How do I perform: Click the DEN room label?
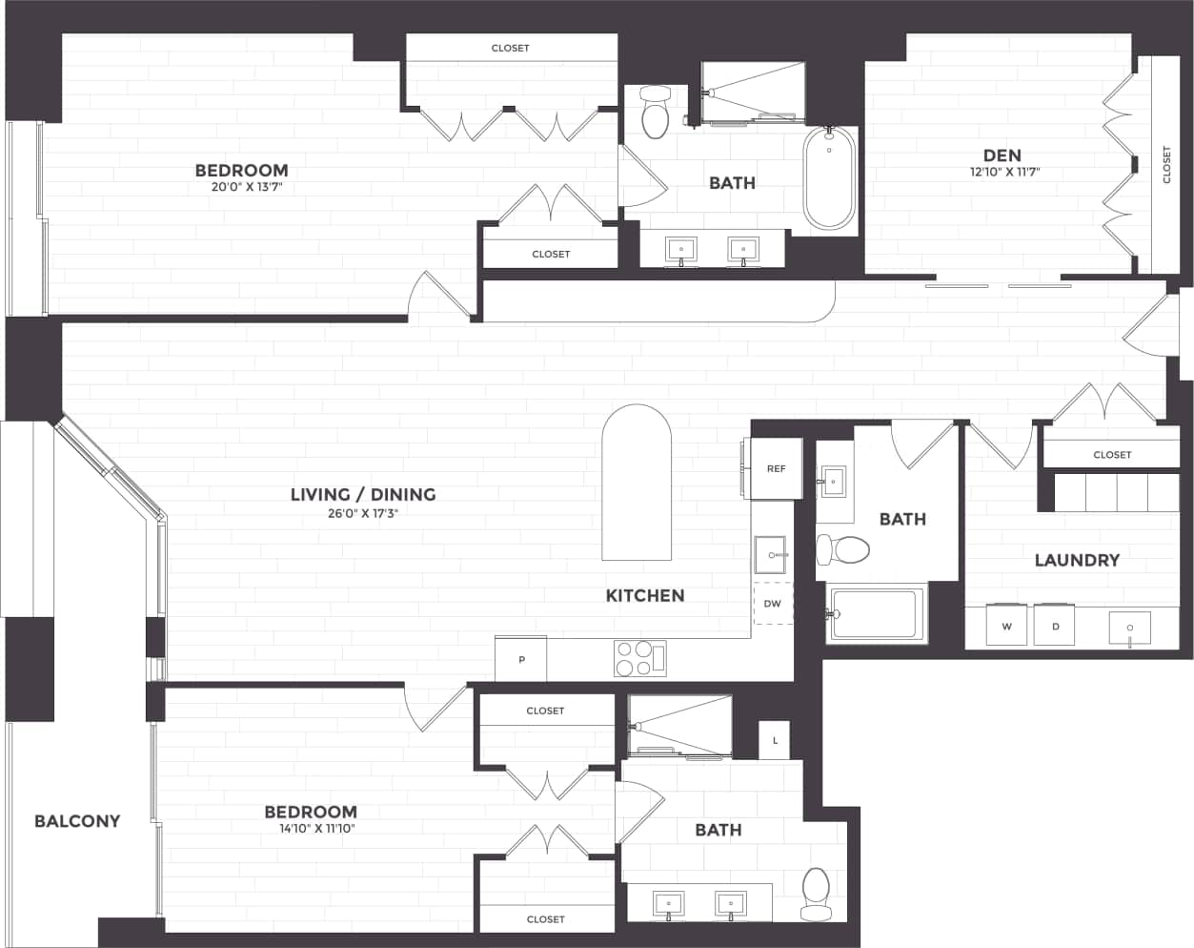[1002, 155]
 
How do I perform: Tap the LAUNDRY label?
[1077, 560]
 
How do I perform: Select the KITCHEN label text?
[645, 595]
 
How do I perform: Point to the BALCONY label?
[77, 820]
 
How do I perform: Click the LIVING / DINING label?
[363, 494]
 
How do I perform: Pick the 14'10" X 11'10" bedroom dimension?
[310, 829]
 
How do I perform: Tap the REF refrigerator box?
[776, 468]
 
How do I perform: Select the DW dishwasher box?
[773, 604]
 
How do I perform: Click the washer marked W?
[1006, 626]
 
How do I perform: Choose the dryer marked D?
[1055, 626]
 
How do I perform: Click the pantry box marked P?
[521, 659]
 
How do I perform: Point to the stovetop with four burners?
[640, 658]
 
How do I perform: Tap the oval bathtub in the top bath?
[829, 178]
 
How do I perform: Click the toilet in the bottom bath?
[817, 892]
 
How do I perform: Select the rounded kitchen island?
[636, 484]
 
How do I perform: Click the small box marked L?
[775, 740]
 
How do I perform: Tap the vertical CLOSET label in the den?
[1166, 164]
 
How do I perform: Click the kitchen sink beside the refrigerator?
[771, 554]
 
